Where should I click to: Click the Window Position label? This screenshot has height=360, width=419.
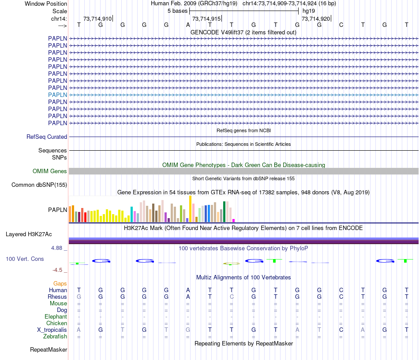tap(46, 4)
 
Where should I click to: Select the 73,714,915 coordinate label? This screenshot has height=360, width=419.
tap(206, 19)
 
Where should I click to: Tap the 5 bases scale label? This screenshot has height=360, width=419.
tap(177, 11)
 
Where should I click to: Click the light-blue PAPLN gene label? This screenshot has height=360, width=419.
tap(57, 95)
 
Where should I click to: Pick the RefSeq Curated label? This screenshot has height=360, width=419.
tap(47, 137)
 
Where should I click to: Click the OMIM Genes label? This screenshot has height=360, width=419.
tap(50, 171)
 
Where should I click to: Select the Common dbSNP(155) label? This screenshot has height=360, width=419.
tap(39, 185)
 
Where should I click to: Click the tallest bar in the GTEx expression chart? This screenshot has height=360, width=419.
tap(190, 208)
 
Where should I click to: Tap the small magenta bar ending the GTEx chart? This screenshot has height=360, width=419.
tap(234, 220)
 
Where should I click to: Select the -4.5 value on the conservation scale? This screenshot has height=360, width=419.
tap(58, 270)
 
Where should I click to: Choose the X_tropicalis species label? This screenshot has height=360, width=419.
tap(52, 330)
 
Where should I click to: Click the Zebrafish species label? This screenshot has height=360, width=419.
tap(55, 337)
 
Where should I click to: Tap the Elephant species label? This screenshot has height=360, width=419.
tap(56, 317)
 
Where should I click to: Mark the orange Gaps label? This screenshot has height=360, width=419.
tap(60, 283)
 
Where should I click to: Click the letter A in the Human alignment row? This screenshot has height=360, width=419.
tap(188, 290)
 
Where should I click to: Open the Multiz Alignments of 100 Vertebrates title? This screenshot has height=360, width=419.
tap(243, 278)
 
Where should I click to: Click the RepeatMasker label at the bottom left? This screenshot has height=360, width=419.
tap(49, 350)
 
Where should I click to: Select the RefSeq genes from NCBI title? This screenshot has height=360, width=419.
tap(243, 131)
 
